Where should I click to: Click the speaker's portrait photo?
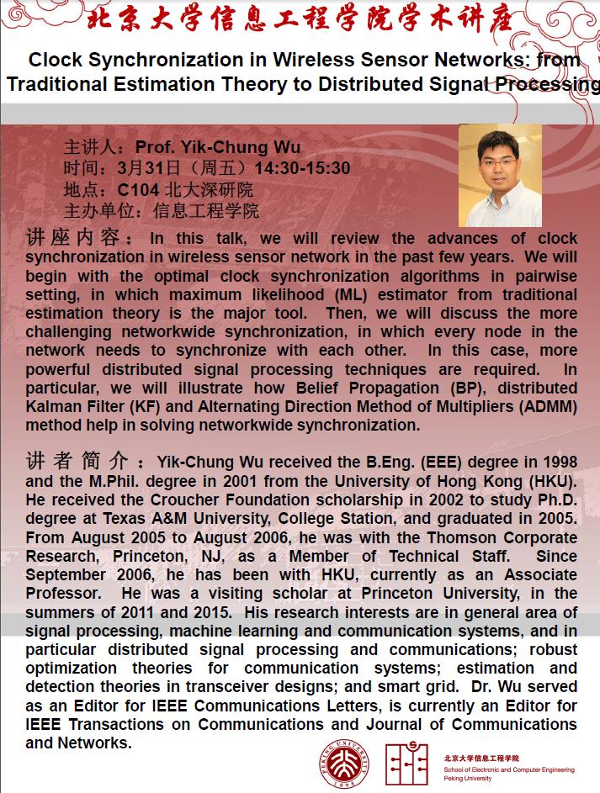click(x=500, y=176)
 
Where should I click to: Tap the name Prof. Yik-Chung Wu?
click(x=218, y=148)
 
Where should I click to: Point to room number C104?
click(x=138, y=189)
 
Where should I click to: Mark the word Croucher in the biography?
click(x=177, y=499)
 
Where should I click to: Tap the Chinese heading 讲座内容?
click(x=77, y=240)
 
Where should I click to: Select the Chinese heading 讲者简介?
click(x=77, y=462)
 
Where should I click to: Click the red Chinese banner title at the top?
click(x=300, y=19)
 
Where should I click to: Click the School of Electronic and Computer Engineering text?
click(x=508, y=769)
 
